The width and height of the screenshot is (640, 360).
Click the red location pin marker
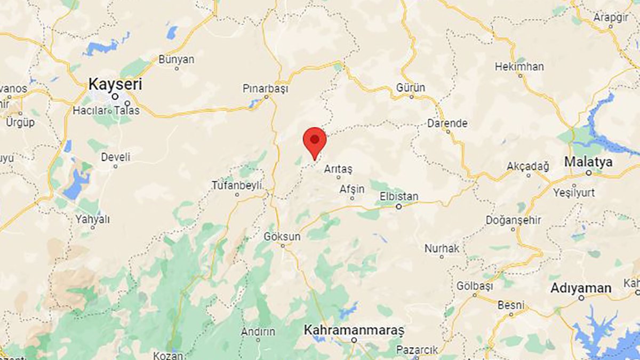pos(315,141)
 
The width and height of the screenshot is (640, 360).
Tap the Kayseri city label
pos(116,84)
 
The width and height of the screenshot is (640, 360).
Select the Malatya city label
pos(588,161)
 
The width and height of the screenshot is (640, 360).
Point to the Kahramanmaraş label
pos(354,330)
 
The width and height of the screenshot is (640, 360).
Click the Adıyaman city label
pos(581,289)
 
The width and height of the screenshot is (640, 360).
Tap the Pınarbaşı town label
pos(265,89)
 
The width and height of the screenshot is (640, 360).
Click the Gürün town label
pos(411,87)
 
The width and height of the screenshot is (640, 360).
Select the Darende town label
pos(447,123)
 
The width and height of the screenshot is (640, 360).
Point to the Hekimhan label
pos(519,67)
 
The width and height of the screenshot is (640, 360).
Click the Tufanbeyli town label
pos(237,185)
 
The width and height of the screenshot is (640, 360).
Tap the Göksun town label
pos(282,236)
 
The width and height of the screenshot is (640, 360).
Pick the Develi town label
pos(115,157)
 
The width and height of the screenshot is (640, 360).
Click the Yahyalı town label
pos(92,219)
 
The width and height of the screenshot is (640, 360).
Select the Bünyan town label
pos(177,59)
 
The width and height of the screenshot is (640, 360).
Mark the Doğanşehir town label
pos(514,220)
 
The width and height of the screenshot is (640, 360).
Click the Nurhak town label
pos(442,248)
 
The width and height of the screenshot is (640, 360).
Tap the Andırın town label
pos(258,331)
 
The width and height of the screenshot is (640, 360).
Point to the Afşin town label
pos(352,189)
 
